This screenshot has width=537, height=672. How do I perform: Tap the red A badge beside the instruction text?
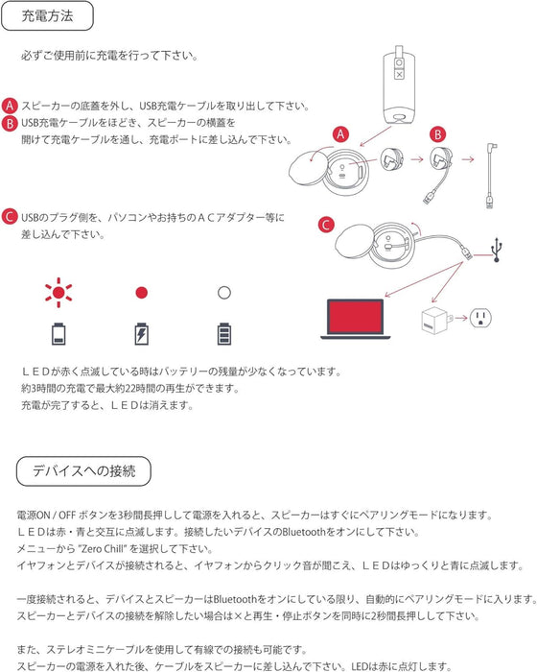(x=10, y=105)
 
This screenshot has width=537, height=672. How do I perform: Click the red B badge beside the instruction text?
(x=10, y=123)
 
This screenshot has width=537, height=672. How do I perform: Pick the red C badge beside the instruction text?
(x=10, y=217)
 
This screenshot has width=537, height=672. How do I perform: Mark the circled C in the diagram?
(x=325, y=226)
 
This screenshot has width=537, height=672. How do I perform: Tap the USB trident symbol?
(x=496, y=249)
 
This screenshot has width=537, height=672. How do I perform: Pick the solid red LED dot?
(x=141, y=291)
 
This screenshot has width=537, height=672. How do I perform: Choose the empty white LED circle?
(x=223, y=291)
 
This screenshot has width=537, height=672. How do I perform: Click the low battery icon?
(x=59, y=333)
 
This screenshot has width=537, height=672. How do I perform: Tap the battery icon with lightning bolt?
(x=141, y=333)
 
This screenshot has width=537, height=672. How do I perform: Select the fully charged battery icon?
(x=223, y=333)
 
